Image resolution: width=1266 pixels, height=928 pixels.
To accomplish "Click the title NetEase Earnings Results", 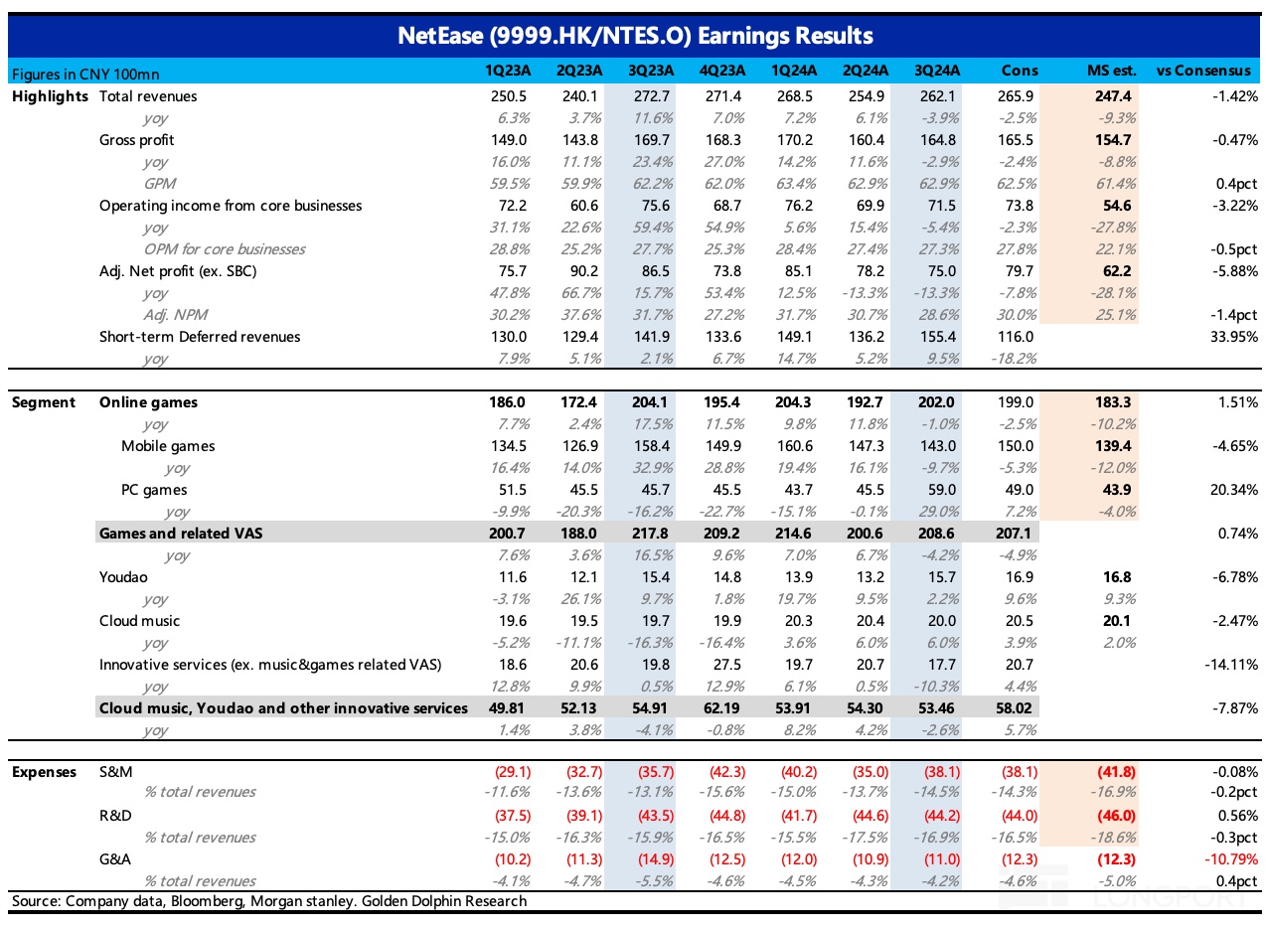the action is (635, 36).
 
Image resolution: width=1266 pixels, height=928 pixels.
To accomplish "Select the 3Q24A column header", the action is (937, 71).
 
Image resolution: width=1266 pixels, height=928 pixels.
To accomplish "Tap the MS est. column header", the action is (1112, 71).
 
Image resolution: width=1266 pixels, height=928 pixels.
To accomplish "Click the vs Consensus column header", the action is (1203, 71).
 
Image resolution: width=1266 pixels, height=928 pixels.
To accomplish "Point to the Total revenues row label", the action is (148, 96).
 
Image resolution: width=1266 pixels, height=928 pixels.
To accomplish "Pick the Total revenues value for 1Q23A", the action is (508, 96).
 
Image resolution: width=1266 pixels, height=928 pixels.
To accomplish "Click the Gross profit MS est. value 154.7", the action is (1113, 139).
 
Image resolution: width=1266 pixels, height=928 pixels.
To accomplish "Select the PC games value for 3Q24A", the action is (942, 490).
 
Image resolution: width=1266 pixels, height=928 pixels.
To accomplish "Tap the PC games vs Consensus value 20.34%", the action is (1234, 490).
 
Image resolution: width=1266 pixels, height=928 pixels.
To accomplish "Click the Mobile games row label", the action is (168, 446).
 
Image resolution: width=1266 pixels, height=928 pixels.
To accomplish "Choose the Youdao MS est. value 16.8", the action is (1117, 577).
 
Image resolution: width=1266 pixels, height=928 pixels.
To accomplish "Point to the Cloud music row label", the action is (139, 621).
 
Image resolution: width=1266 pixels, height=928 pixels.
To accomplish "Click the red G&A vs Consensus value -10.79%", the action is (1231, 859).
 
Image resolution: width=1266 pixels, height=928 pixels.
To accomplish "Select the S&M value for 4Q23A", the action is (727, 771).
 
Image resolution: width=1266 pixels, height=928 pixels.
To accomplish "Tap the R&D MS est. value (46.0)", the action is (1116, 816).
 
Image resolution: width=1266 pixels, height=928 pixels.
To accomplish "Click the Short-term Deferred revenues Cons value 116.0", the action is (1015, 337).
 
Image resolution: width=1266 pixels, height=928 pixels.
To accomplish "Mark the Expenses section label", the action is (44, 772).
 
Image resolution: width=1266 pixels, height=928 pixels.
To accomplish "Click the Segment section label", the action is (43, 402).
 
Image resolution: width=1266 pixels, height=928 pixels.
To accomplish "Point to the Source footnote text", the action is (269, 901).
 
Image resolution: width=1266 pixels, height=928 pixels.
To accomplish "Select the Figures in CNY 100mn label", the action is (85, 75).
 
